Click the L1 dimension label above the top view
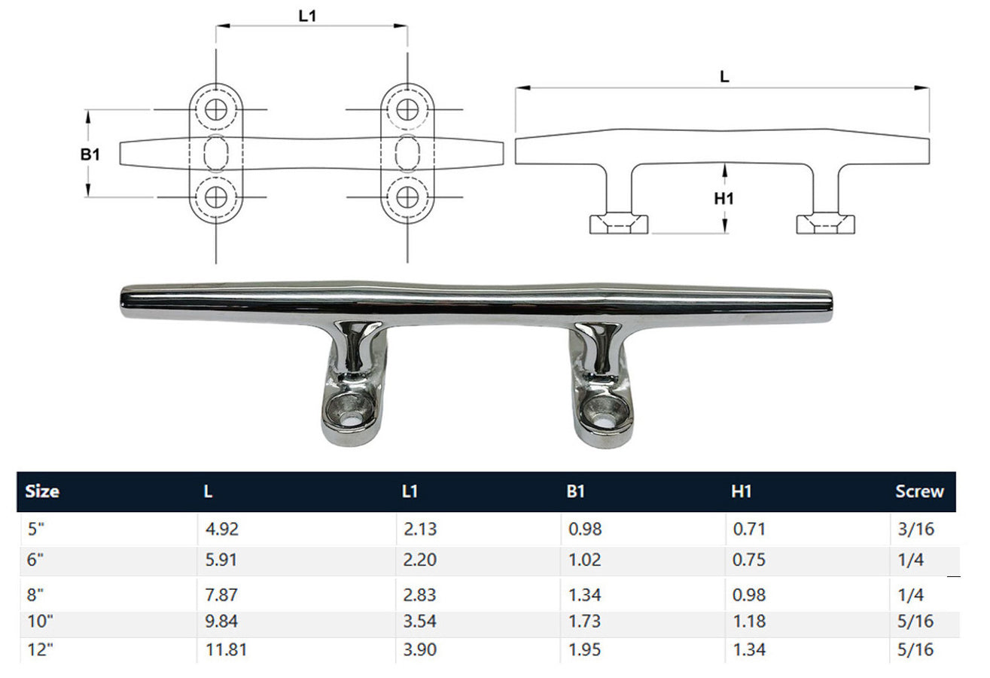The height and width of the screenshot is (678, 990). tap(307, 17)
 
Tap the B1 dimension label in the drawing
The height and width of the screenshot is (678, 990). tap(90, 154)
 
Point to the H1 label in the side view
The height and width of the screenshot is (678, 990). tap(723, 199)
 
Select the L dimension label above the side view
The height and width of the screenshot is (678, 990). tap(724, 77)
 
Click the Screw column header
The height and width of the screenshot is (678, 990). tap(919, 491)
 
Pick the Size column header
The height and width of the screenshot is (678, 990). tap(42, 491)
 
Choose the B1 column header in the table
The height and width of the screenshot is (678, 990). tap(575, 491)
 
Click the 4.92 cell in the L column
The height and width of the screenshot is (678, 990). tap(221, 529)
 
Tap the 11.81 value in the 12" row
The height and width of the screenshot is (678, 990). tap(226, 649)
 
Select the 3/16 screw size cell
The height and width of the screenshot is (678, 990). tap(915, 529)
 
